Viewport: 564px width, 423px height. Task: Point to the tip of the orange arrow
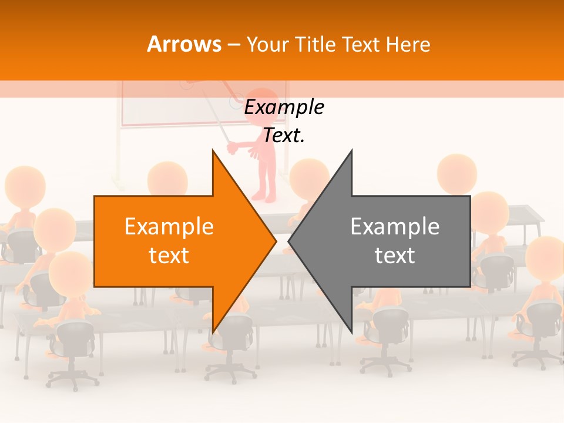[275, 241]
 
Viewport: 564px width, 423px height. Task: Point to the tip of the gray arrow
[290, 241]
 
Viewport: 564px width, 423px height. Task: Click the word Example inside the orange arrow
[169, 227]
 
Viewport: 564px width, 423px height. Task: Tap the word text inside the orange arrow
[169, 256]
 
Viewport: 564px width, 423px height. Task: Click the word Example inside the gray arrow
[395, 227]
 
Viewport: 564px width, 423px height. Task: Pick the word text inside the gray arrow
[395, 256]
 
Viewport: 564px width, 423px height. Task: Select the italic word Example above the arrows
[284, 108]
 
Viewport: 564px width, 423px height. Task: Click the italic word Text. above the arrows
[284, 136]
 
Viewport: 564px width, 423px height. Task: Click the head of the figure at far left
[25, 185]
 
